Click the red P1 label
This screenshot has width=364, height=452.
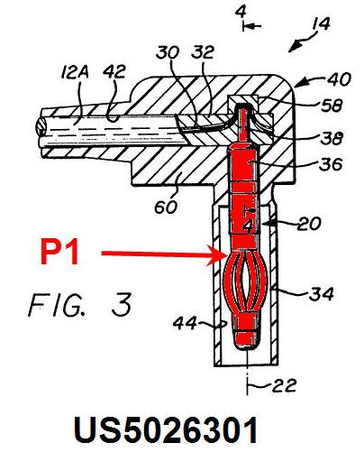pos(60,252)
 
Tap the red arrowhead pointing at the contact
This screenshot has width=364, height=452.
pos(217,255)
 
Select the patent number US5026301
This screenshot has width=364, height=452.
pos(165,430)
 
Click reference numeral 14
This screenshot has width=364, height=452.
pos(321,23)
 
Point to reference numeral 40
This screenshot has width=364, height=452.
pos(339,79)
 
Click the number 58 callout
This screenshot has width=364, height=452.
pos(332,106)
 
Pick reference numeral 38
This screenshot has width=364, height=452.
pos(332,138)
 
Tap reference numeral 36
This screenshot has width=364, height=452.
pos(331,164)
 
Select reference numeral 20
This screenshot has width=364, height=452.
pos(309,224)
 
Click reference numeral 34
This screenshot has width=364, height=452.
pos(322,293)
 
